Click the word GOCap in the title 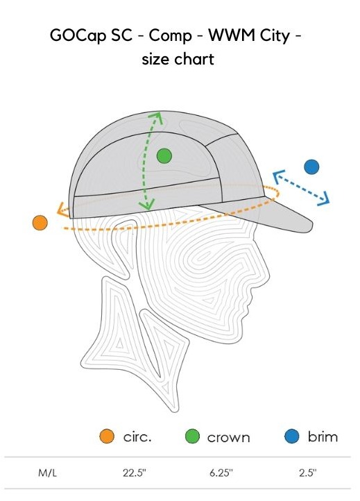[x=78, y=36]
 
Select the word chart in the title [x=194, y=60]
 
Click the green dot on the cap [x=164, y=156]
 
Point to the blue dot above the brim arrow [x=311, y=167]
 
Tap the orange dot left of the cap [x=40, y=223]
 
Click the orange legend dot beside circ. [x=107, y=436]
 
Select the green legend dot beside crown [x=193, y=436]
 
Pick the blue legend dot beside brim [x=292, y=436]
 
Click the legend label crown [x=228, y=438]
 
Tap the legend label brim [x=323, y=436]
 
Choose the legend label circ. [x=137, y=436]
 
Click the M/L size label [x=48, y=473]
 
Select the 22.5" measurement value [x=134, y=473]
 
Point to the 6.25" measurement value [x=221, y=473]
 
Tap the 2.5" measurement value [x=307, y=473]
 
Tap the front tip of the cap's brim [x=311, y=226]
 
